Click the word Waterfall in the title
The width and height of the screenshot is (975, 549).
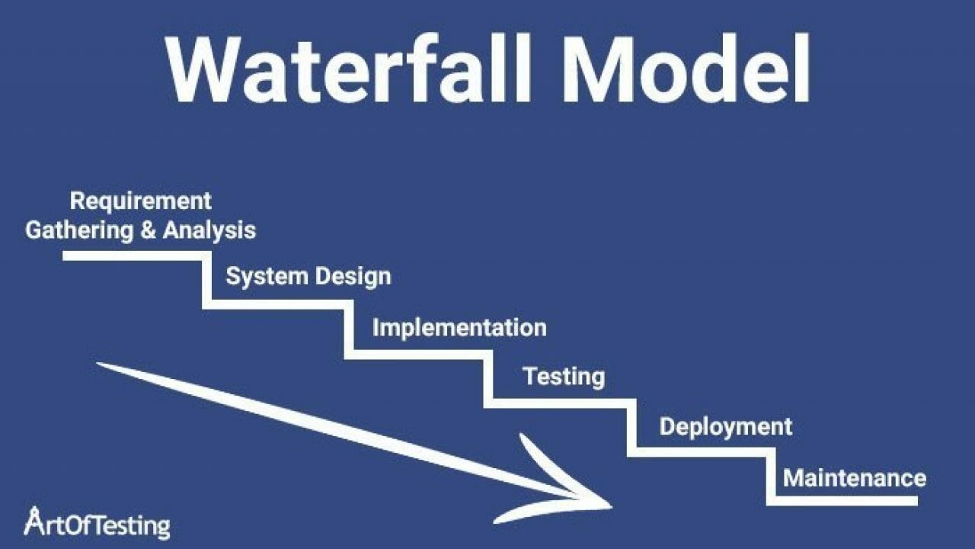pos(349,69)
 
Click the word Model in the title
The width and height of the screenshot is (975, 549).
pos(686,69)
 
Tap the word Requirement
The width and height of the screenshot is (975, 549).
pos(141,202)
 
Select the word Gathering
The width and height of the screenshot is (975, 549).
pos(79,230)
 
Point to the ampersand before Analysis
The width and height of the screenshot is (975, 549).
pos(148,230)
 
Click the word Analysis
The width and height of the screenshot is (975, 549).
pos(209,230)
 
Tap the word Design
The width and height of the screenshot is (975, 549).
pos(353,277)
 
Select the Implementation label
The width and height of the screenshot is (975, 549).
pos(459,328)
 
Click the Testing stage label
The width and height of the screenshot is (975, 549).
pos(564,377)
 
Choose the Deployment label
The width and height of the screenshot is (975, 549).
pos(726,426)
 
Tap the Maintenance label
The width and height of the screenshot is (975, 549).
pos(855,478)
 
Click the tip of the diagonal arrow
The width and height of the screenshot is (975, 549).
pos(612,506)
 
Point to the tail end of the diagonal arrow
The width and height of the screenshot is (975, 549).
pos(98,364)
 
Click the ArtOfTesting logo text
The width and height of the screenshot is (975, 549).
pos(97,523)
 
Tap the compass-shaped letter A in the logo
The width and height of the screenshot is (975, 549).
pos(33,521)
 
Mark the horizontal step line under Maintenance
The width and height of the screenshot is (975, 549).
pos(842,501)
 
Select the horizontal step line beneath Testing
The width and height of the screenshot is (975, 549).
pos(560,403)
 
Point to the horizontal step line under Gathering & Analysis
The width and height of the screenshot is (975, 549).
pos(138,255)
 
